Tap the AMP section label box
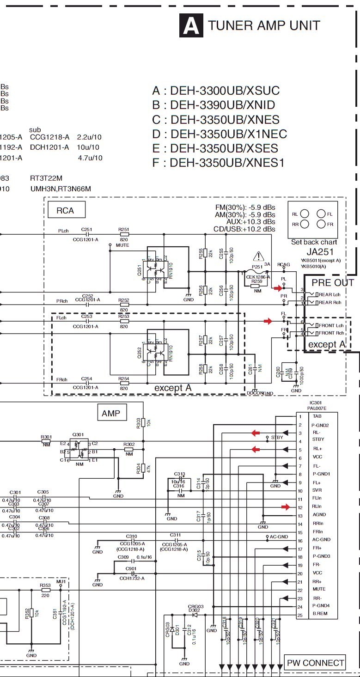click(x=111, y=413)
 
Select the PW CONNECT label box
click(x=315, y=663)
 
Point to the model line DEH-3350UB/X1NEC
click(x=220, y=134)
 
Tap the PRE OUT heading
click(x=332, y=282)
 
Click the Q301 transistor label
click(x=78, y=435)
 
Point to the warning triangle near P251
click(x=259, y=256)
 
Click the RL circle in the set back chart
click(x=305, y=214)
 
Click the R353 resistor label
click(x=45, y=586)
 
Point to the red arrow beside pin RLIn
click(x=287, y=507)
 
